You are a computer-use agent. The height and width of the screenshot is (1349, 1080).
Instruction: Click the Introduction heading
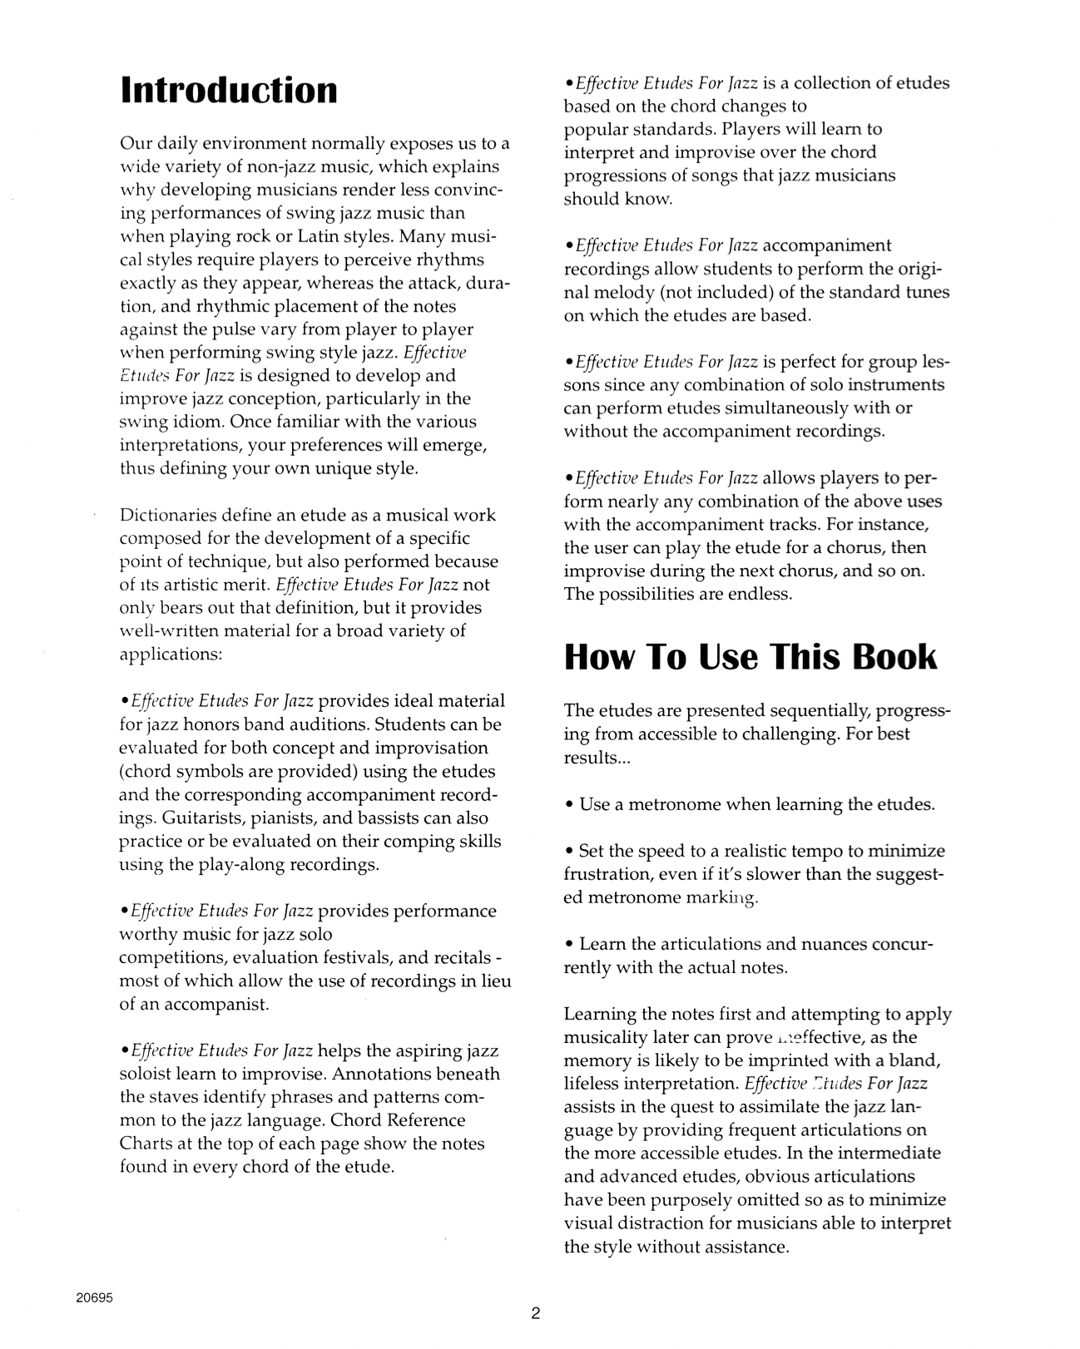pos(229,90)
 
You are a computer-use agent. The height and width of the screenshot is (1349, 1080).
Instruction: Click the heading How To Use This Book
pos(751,656)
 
